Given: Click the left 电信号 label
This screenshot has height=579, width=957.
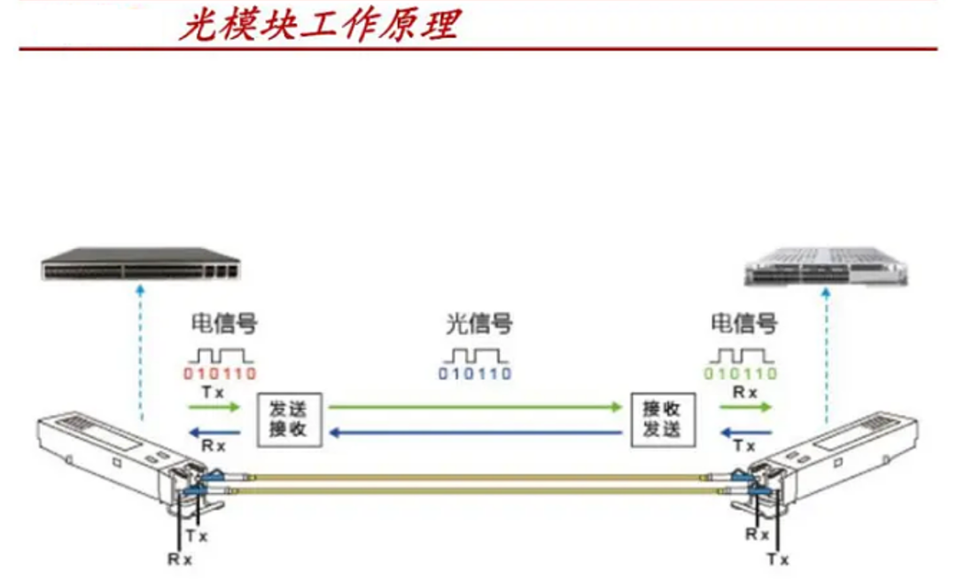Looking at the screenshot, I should (x=224, y=324).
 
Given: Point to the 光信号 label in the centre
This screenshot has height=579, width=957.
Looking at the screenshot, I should (x=479, y=324).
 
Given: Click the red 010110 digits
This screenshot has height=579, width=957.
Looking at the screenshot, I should (x=220, y=373).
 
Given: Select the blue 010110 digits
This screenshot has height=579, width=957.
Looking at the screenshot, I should (x=475, y=373).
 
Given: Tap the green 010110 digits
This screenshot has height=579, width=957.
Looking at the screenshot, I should (x=740, y=373).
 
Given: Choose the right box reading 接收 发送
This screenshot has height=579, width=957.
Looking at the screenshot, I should (x=662, y=418).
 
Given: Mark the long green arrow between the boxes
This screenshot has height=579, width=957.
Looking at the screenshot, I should (x=475, y=407).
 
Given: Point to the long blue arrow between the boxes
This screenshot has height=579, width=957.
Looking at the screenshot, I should (x=475, y=433).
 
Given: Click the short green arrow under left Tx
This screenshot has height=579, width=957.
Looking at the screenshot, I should (x=214, y=407).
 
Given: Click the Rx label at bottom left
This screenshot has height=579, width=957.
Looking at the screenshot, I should (x=180, y=559).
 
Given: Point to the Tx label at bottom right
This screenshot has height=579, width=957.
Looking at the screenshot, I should (x=777, y=559).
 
